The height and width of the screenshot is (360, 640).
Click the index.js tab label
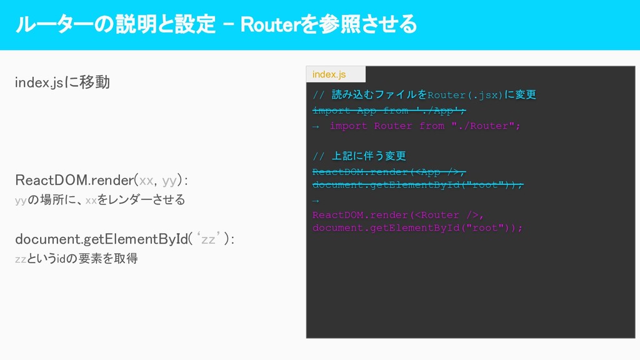(x=329, y=74)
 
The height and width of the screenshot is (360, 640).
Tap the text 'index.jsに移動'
(x=62, y=82)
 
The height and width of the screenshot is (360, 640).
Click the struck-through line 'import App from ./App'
(x=389, y=111)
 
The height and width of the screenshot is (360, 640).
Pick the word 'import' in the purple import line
(x=348, y=126)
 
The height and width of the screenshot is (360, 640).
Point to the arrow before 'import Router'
(x=316, y=126)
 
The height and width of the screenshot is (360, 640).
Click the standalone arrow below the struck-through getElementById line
(x=316, y=201)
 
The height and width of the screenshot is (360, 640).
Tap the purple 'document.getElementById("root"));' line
(x=417, y=228)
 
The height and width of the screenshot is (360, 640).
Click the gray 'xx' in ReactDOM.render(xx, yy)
(x=146, y=181)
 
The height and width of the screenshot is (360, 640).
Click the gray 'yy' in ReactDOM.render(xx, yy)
(x=169, y=181)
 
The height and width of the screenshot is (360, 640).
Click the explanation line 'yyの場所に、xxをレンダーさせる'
(x=99, y=200)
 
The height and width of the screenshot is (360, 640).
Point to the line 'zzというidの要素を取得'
(x=76, y=259)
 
